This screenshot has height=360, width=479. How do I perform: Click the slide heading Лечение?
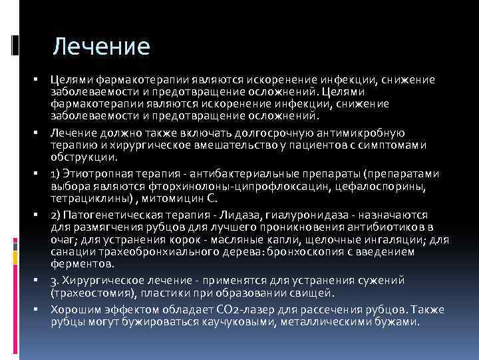pos(102,47)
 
